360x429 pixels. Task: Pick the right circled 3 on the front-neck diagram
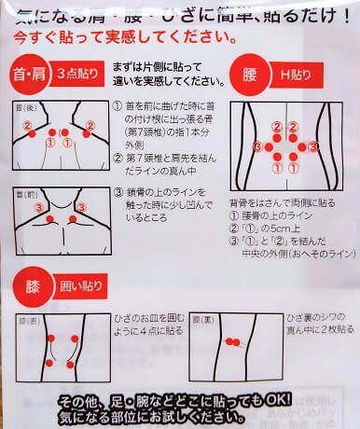[81, 207]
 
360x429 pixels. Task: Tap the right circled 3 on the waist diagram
[314, 146]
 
